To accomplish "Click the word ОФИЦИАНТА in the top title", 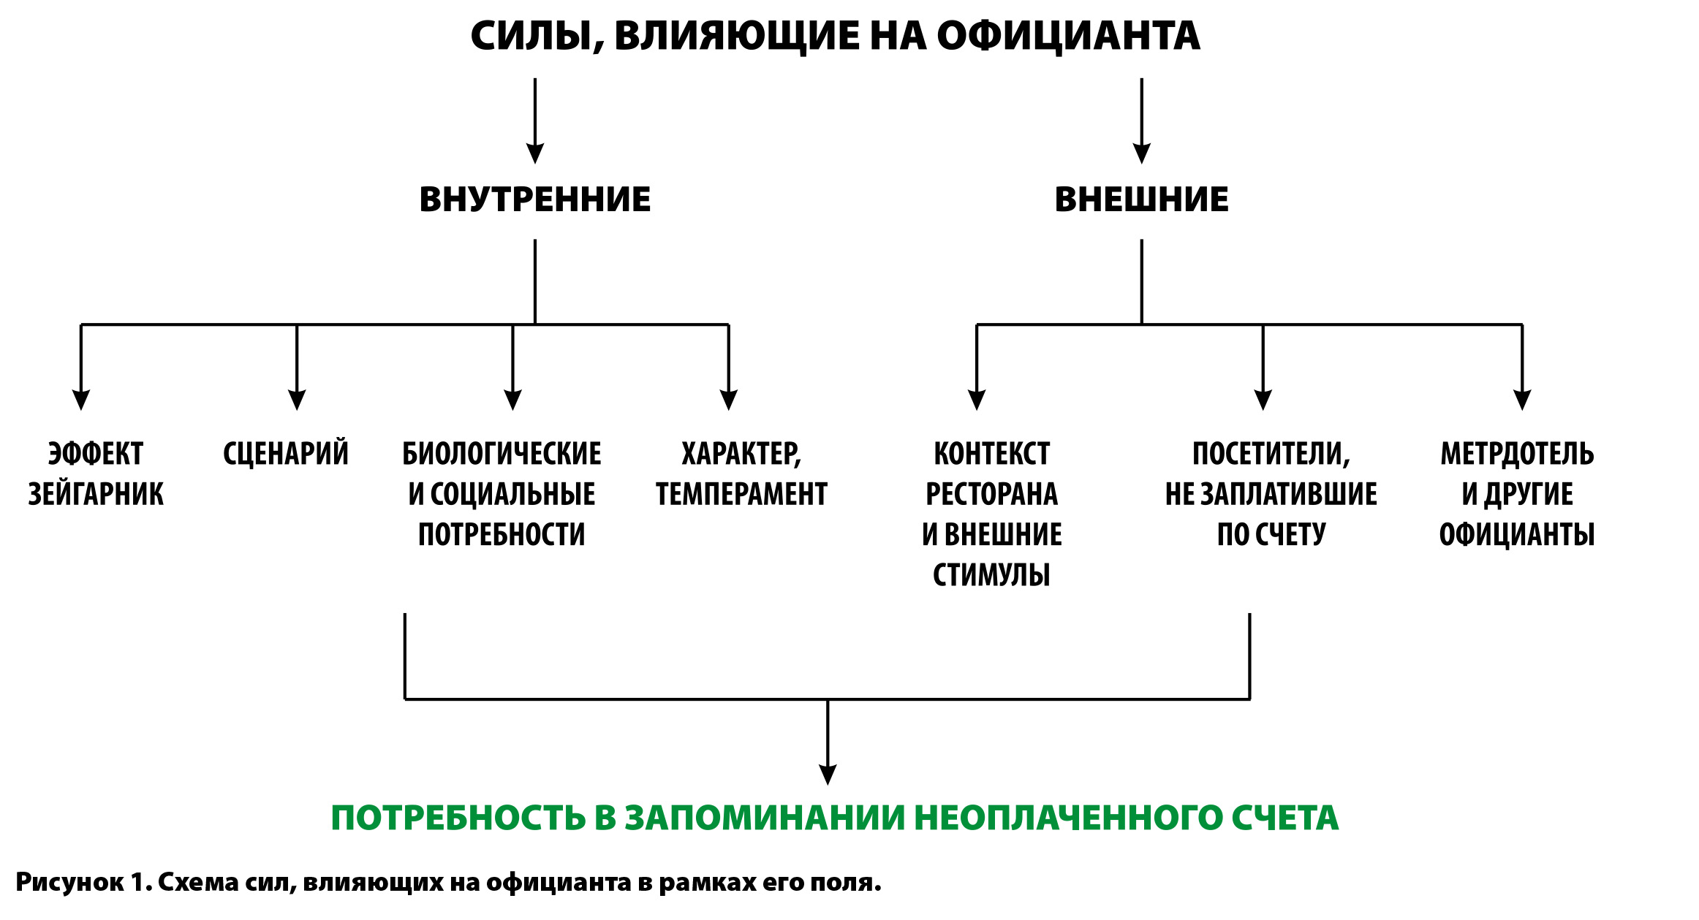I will [x=1068, y=36].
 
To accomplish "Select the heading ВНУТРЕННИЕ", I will [x=534, y=199].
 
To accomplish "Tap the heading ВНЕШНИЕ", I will [x=1141, y=199].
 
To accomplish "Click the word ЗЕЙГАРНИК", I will [x=96, y=495].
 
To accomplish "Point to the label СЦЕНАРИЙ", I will [x=286, y=454].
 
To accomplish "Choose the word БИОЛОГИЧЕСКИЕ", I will [x=502, y=454].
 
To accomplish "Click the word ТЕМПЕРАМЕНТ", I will [x=741, y=495].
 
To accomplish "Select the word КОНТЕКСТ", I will [x=991, y=454].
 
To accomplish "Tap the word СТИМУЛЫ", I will [x=991, y=575].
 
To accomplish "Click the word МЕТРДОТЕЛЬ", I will [x=1517, y=454].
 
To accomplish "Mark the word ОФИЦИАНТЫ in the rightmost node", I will [x=1517, y=535].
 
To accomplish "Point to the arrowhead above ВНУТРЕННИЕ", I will [x=535, y=153].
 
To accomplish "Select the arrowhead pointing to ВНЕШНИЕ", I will [x=1141, y=153].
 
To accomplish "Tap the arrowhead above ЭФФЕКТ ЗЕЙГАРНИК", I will [x=81, y=400].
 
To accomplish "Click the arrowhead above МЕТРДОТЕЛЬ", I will [x=1522, y=400].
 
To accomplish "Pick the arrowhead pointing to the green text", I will [x=828, y=775].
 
